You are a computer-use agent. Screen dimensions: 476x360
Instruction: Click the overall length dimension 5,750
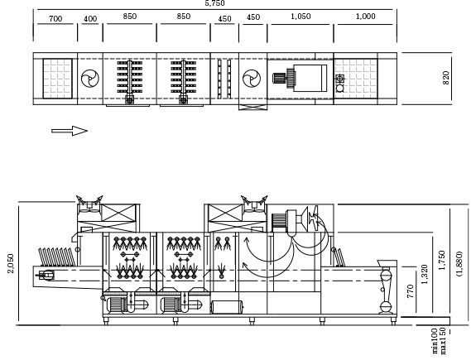tap(214, 3)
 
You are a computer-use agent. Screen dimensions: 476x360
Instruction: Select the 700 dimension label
tap(55, 19)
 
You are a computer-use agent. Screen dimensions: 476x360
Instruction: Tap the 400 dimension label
tap(90, 19)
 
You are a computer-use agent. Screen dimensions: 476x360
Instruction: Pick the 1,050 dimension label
tap(301, 17)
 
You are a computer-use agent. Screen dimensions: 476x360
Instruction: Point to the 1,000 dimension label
tap(366, 17)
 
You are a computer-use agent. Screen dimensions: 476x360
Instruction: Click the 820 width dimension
tap(446, 78)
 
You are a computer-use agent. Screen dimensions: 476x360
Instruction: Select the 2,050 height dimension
tap(11, 263)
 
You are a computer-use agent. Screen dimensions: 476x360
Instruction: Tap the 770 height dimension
tap(411, 291)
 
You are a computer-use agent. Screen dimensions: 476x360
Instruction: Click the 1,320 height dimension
tap(425, 275)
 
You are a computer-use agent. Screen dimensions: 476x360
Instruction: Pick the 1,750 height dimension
tap(442, 260)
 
